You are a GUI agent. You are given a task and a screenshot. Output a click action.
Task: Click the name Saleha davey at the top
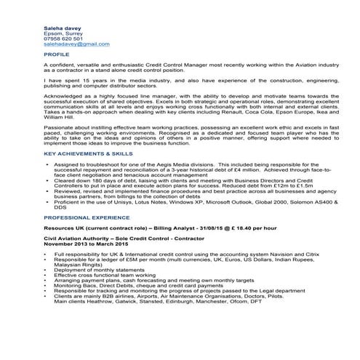pyautogui.click(x=62, y=26)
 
